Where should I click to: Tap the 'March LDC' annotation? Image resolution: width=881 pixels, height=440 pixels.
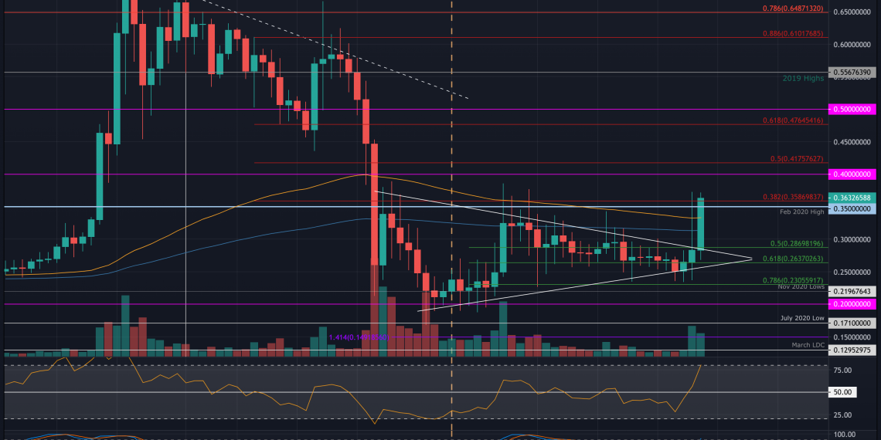808,344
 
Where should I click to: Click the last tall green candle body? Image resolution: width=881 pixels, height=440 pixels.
701,224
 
